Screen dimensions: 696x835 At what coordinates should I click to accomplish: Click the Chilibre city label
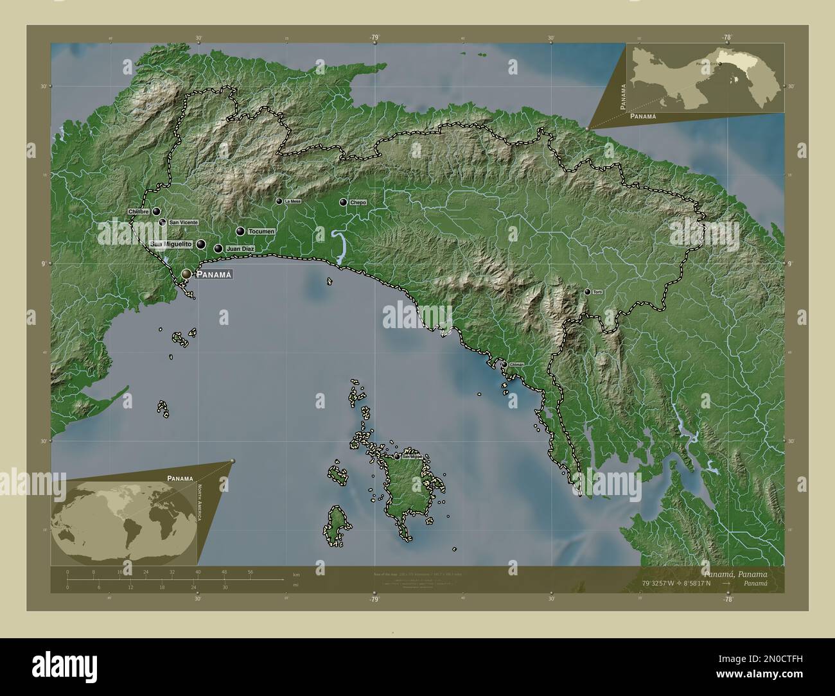[139, 211]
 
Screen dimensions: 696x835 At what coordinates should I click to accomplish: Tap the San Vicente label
[183, 222]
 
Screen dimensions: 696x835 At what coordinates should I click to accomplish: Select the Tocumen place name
[261, 231]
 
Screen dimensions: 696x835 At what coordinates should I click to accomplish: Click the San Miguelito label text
[170, 245]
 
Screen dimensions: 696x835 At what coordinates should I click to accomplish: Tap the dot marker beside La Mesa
[279, 201]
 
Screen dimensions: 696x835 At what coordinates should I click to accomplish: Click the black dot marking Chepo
[344, 202]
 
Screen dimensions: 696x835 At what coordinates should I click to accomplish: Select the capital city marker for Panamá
[186, 274]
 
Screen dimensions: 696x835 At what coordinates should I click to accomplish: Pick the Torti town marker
[587, 292]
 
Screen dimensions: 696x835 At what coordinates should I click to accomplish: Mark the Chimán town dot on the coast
[505, 364]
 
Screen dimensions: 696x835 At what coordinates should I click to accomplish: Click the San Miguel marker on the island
[397, 457]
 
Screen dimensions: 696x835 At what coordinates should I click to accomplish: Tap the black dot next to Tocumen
[240, 231]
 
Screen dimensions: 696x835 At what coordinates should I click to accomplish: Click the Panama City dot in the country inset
[719, 64]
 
